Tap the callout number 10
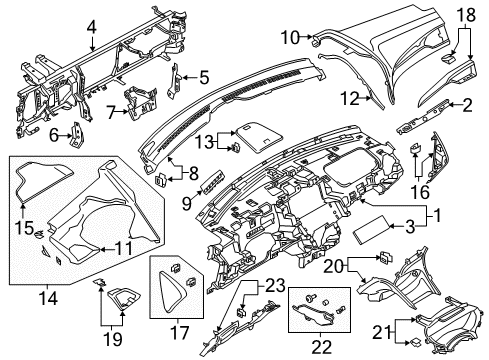291,38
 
